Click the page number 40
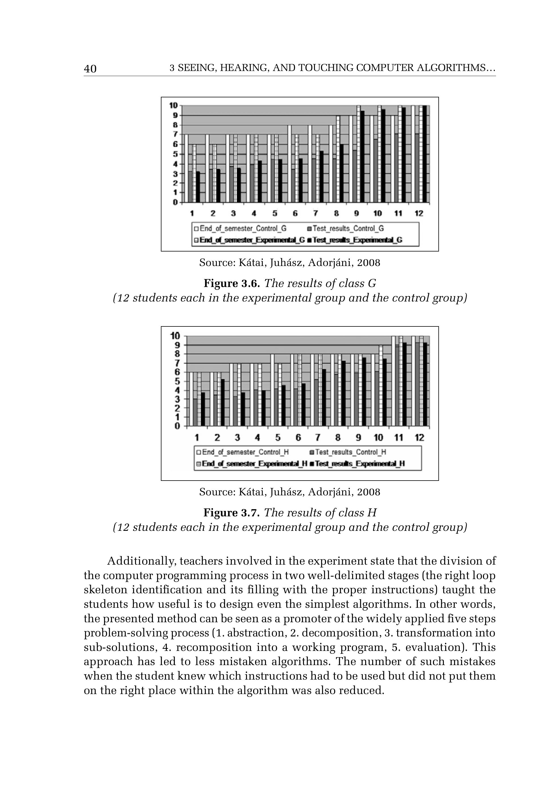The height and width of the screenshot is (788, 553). [90, 69]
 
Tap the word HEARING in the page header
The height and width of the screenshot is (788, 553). [245, 68]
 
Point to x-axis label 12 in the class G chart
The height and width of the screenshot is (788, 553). [419, 213]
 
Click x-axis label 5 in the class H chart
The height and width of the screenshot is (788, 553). [277, 438]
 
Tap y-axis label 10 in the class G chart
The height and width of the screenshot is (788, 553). [173, 105]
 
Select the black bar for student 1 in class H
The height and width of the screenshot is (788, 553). [203, 409]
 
